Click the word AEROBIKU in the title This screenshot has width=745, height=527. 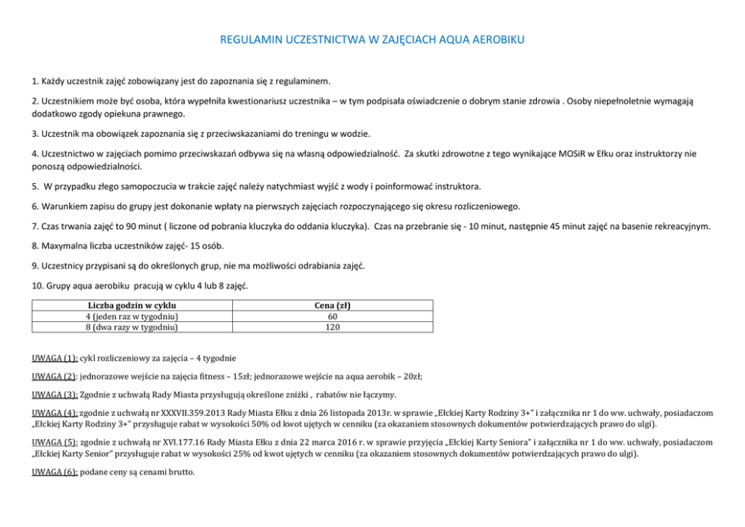(495, 39)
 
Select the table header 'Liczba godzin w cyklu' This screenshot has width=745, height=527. (131, 306)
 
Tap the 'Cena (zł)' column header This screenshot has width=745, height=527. (332, 306)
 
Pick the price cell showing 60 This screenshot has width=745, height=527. (332, 316)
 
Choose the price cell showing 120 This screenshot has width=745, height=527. (332, 327)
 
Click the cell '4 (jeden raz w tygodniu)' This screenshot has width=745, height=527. (131, 316)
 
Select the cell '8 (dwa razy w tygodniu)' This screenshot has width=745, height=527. (131, 327)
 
